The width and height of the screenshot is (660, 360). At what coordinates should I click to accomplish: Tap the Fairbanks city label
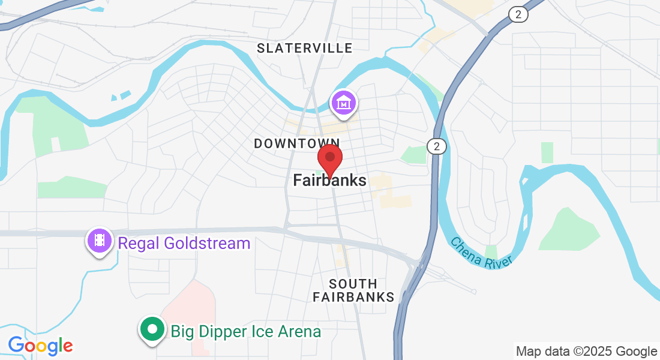(x=329, y=180)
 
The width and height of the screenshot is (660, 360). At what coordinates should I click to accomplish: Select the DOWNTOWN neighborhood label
(x=297, y=143)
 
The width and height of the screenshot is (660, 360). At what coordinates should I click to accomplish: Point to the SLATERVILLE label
(x=305, y=48)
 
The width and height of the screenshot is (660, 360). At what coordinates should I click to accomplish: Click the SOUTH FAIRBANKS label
(x=353, y=290)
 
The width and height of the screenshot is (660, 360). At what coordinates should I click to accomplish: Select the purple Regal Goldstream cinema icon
(x=100, y=241)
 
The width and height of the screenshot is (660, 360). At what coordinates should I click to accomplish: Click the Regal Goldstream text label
(x=184, y=244)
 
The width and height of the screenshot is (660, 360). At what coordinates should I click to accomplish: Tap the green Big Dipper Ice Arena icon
(x=152, y=329)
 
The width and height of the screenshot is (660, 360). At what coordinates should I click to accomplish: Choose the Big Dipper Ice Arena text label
(x=245, y=331)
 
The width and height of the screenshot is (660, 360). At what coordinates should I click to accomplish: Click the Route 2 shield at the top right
(x=518, y=15)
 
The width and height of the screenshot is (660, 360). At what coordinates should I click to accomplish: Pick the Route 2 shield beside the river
(x=437, y=146)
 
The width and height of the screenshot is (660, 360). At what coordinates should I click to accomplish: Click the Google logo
(x=40, y=346)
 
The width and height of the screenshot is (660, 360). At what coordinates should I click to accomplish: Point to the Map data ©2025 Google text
(x=586, y=352)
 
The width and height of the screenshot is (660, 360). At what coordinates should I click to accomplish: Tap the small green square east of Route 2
(x=547, y=152)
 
